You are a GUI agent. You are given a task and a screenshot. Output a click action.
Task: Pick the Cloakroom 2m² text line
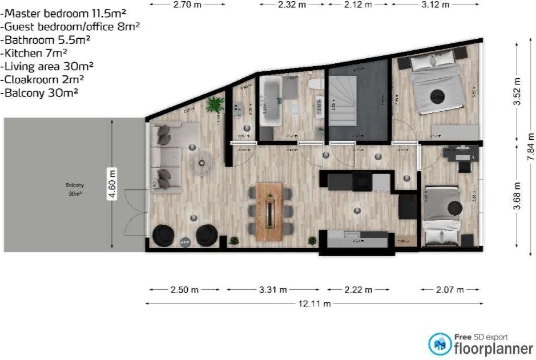43,79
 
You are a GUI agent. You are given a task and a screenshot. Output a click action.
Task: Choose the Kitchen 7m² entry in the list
35,52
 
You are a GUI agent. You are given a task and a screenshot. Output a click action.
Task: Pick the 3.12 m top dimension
435,5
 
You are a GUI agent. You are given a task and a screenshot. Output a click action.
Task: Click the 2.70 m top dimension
187,5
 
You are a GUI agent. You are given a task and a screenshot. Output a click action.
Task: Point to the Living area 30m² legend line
48,66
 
